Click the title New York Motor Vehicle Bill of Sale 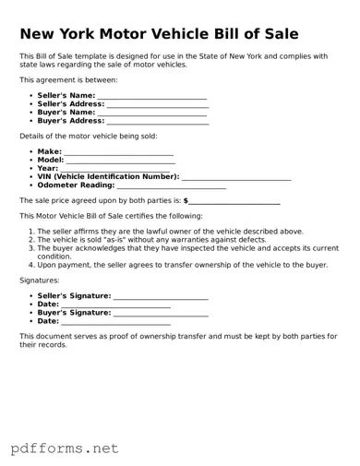(159, 34)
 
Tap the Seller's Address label (71, 104)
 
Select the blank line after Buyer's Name (150, 114)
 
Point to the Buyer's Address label (70, 121)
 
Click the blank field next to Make (117, 152)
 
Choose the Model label (51, 160)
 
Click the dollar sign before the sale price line (186, 199)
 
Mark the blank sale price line (234, 201)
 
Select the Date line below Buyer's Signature (115, 323)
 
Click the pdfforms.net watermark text (65, 448)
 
